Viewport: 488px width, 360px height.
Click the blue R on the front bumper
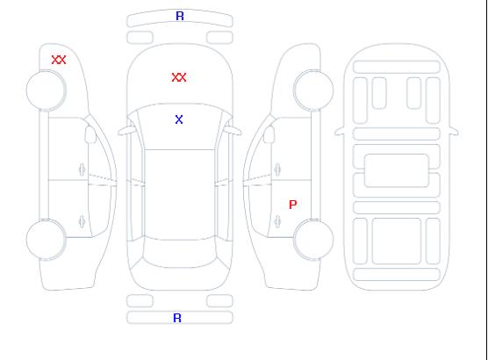pyautogui.click(x=180, y=16)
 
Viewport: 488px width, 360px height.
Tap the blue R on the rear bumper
pyautogui.click(x=177, y=318)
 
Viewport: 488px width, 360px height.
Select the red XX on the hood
pyautogui.click(x=179, y=77)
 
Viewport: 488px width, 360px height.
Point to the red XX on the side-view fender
pyautogui.click(x=59, y=60)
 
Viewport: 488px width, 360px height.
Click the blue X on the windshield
pyautogui.click(x=179, y=119)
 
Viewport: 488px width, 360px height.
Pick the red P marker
pyautogui.click(x=293, y=205)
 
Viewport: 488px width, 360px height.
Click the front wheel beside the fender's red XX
pyautogui.click(x=46, y=90)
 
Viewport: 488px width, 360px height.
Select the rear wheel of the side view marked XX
pyautogui.click(x=46, y=240)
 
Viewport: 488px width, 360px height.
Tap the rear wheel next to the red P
pyautogui.click(x=313, y=240)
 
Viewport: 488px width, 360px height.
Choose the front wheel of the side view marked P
pyautogui.click(x=313, y=90)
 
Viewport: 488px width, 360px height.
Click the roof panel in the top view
pyautogui.click(x=180, y=195)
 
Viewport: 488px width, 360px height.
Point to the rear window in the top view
pyautogui.click(x=180, y=253)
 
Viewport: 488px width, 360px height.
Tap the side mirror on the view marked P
pyautogui.click(x=269, y=134)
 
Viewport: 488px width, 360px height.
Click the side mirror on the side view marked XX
pyautogui.click(x=90, y=134)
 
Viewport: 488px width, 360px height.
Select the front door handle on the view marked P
pyautogui.click(x=277, y=169)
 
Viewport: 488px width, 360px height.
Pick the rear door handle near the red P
pyautogui.click(x=277, y=221)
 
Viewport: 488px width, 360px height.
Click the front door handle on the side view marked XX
pyautogui.click(x=82, y=169)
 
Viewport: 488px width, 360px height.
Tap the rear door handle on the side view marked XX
pyautogui.click(x=82, y=221)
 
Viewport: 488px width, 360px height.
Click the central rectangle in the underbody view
pyautogui.click(x=397, y=170)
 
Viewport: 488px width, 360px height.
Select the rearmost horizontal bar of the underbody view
pyautogui.click(x=397, y=274)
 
